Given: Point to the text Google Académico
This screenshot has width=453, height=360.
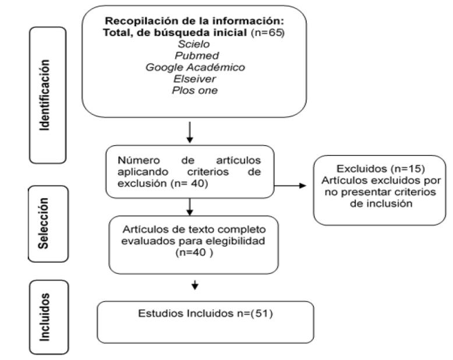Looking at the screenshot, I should (x=194, y=68).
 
